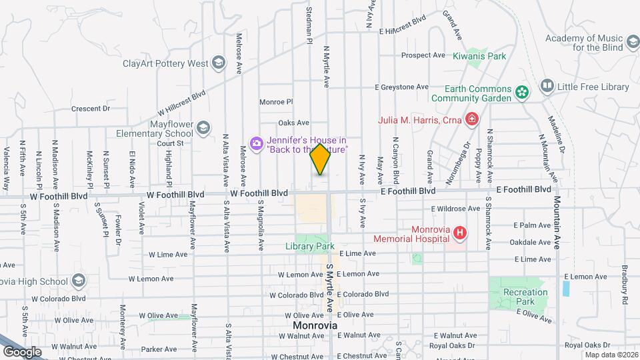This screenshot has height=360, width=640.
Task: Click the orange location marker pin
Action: [321, 159]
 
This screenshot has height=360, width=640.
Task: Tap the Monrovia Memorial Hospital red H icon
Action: [459, 233]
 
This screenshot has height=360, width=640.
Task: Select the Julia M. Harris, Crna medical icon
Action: [472, 120]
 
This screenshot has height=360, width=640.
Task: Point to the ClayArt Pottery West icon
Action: [218, 64]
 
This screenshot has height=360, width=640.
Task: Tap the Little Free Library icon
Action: [547, 86]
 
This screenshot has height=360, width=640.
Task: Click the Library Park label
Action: [315, 246]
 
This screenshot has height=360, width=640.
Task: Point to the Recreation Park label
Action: [525, 297]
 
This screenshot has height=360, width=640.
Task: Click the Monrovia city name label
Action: [315, 325]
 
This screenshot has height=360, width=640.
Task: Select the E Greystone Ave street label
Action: [401, 87]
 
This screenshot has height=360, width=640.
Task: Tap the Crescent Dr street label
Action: [90, 109]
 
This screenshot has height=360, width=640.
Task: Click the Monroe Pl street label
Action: [276, 102]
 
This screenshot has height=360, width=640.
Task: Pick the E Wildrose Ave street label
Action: [455, 209]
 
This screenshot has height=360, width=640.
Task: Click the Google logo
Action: [23, 351]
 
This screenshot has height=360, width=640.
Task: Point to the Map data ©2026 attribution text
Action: [611, 355]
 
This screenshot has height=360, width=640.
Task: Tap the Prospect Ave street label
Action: [423, 55]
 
